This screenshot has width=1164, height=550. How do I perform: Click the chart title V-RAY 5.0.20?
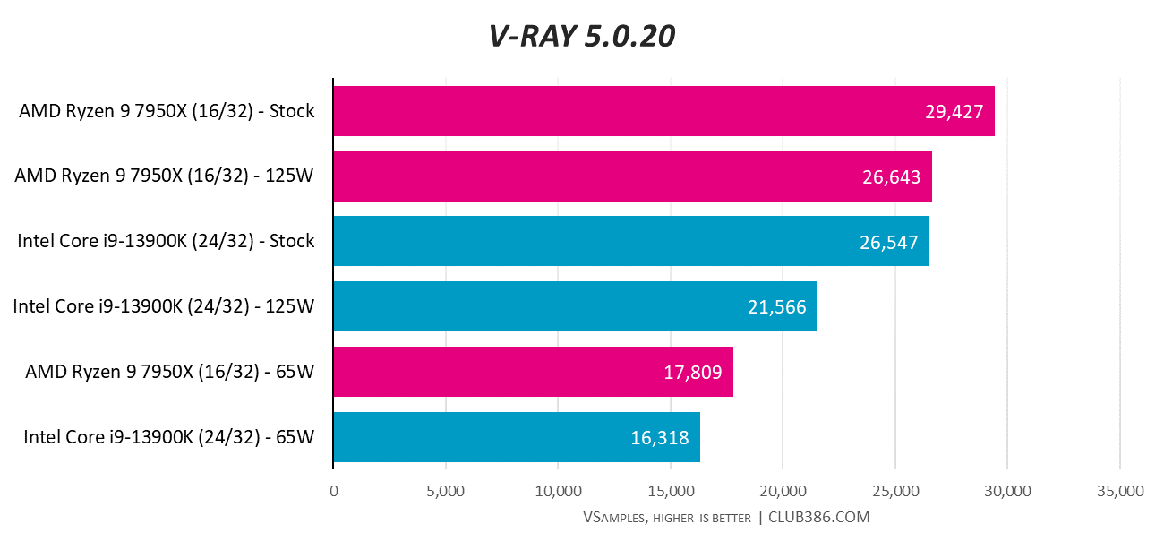(581, 36)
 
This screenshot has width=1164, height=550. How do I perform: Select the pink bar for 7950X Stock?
(627, 111)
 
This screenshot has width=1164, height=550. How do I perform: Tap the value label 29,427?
(954, 112)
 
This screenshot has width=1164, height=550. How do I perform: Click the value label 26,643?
(891, 177)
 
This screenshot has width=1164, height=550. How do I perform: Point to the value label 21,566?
(776, 307)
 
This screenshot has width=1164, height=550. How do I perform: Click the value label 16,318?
(659, 437)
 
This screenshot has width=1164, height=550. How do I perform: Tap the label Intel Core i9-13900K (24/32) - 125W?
(164, 307)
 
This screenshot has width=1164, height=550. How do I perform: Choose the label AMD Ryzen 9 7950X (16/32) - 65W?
(170, 372)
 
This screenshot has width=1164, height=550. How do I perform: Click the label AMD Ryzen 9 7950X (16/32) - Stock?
(167, 112)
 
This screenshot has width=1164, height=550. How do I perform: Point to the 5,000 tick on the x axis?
(446, 491)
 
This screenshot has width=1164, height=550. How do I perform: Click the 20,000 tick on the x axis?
(783, 491)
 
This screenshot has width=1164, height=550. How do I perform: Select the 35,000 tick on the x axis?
(1119, 491)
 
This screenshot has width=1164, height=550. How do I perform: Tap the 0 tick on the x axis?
(334, 491)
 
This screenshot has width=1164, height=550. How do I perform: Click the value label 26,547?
(888, 242)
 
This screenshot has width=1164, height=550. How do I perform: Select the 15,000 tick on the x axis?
(671, 491)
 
